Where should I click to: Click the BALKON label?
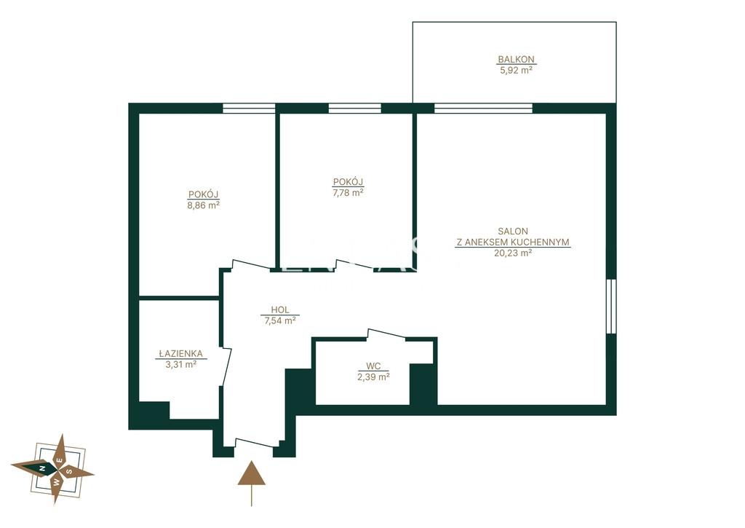point(516,60)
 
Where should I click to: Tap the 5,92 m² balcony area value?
point(516,71)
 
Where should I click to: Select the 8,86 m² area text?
point(204,205)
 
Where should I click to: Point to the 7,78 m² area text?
point(348,193)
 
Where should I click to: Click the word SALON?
point(513,231)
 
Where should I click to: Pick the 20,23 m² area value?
point(513,253)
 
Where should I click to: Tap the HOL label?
point(280,310)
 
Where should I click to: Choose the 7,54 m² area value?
point(280,320)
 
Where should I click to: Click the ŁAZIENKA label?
point(180,353)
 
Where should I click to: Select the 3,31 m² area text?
point(180,365)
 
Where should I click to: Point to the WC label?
point(373,366)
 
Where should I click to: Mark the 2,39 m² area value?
point(373,377)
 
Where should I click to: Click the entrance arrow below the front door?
point(251,484)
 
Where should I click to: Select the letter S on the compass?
point(69,471)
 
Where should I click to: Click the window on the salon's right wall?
point(611,306)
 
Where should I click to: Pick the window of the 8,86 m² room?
point(249,109)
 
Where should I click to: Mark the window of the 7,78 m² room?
point(355,109)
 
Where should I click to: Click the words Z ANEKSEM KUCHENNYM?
point(513,242)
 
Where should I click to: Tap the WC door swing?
point(386,334)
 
